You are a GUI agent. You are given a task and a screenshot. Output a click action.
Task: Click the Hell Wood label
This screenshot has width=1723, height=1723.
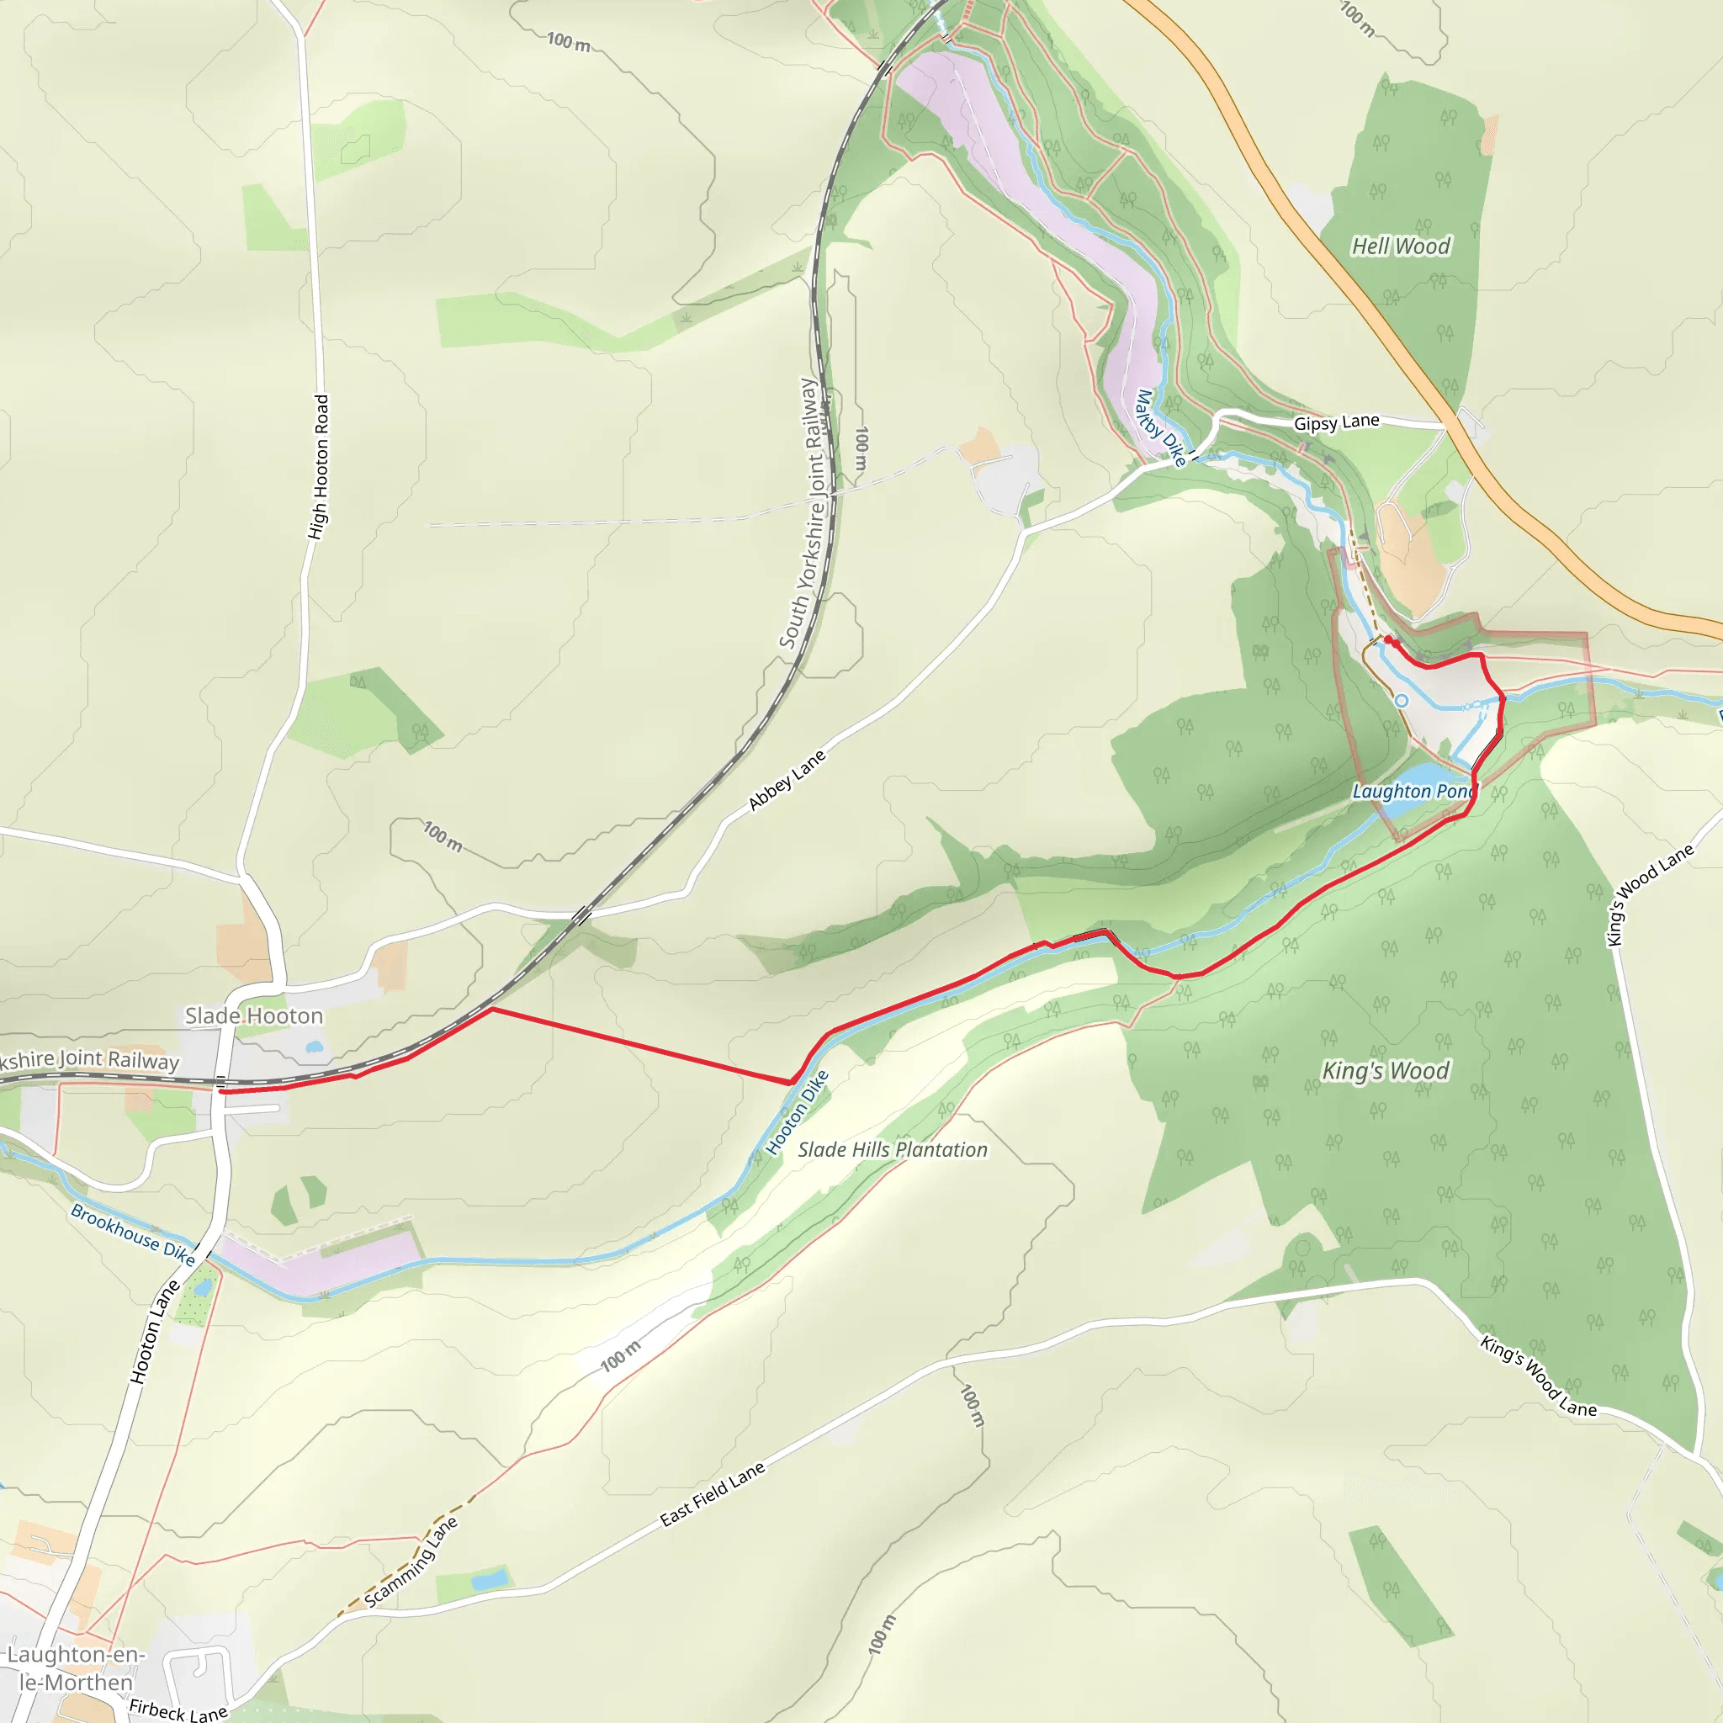[x=1401, y=247]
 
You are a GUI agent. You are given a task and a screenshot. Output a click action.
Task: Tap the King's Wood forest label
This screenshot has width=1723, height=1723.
[x=1386, y=1070]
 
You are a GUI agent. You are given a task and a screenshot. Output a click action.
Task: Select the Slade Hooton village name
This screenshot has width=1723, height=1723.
[x=254, y=1015]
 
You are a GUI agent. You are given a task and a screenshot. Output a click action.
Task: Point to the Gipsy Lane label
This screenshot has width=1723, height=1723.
[x=1336, y=421]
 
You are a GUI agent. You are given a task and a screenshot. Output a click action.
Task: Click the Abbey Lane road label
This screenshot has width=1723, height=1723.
[x=787, y=781]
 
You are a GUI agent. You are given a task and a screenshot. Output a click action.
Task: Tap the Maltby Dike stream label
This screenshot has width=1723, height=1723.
[x=1160, y=428]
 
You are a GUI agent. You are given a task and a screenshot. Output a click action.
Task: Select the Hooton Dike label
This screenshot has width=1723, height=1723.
[x=798, y=1112]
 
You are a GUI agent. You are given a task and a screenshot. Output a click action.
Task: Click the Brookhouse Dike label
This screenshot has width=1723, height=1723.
[x=133, y=1234]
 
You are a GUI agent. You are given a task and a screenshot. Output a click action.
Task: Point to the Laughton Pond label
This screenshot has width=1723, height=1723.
[x=1413, y=791]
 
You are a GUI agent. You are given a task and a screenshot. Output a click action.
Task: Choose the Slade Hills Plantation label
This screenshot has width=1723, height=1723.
[x=893, y=1149]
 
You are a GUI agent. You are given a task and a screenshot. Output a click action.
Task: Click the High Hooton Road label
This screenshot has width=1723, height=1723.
[x=318, y=466]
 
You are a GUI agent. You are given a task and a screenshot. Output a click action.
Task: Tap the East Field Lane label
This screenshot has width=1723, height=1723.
[x=713, y=1494]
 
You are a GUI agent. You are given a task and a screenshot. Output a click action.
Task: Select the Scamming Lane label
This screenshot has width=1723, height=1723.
[x=411, y=1561]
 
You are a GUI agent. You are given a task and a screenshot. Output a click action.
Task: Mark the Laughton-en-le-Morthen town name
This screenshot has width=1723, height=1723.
[x=76, y=1668]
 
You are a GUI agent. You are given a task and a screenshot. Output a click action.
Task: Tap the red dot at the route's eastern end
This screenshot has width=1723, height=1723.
[x=1388, y=639]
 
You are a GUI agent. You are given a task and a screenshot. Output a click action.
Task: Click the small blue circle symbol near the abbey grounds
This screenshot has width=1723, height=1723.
[x=1401, y=701]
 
